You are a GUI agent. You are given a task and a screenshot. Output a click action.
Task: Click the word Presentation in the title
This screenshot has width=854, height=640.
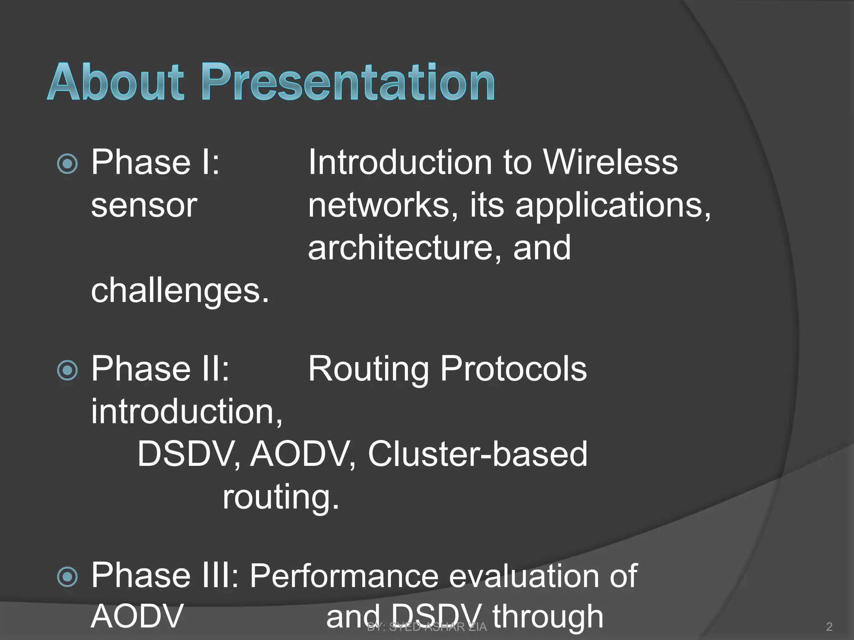349,82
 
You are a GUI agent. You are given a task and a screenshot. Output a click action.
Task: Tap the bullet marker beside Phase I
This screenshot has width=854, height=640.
67,164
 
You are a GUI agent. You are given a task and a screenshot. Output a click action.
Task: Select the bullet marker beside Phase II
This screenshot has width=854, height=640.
67,370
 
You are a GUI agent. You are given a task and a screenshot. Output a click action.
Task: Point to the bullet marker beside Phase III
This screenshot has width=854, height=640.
67,577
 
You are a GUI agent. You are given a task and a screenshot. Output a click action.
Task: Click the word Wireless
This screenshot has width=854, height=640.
611,162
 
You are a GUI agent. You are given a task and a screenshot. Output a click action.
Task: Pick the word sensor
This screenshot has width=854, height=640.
144,206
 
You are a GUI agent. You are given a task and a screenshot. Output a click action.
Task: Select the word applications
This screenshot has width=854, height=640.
613,206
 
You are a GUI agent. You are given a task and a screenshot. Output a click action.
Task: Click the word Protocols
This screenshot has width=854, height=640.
514,369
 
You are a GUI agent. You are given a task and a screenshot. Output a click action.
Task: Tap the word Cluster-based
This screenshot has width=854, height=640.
477,454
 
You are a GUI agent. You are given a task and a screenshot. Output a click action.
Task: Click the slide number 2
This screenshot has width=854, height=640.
829,627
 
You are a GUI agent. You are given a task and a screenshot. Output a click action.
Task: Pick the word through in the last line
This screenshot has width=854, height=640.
548,617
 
